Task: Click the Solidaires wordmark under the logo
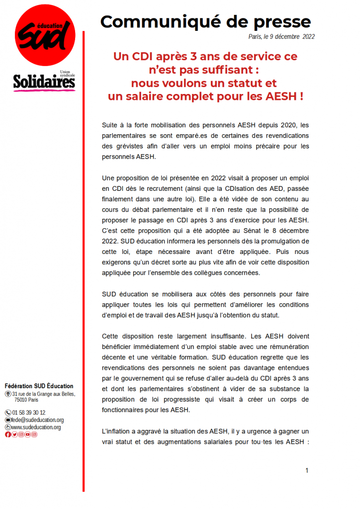point(44,82)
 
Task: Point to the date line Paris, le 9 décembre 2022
point(281,37)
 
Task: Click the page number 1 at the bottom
point(307,470)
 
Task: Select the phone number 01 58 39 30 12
point(29,413)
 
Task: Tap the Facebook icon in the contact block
point(8,434)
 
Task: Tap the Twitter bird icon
point(14,434)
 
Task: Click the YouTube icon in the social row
point(28,434)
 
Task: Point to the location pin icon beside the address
point(8,394)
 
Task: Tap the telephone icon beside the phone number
point(8,413)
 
